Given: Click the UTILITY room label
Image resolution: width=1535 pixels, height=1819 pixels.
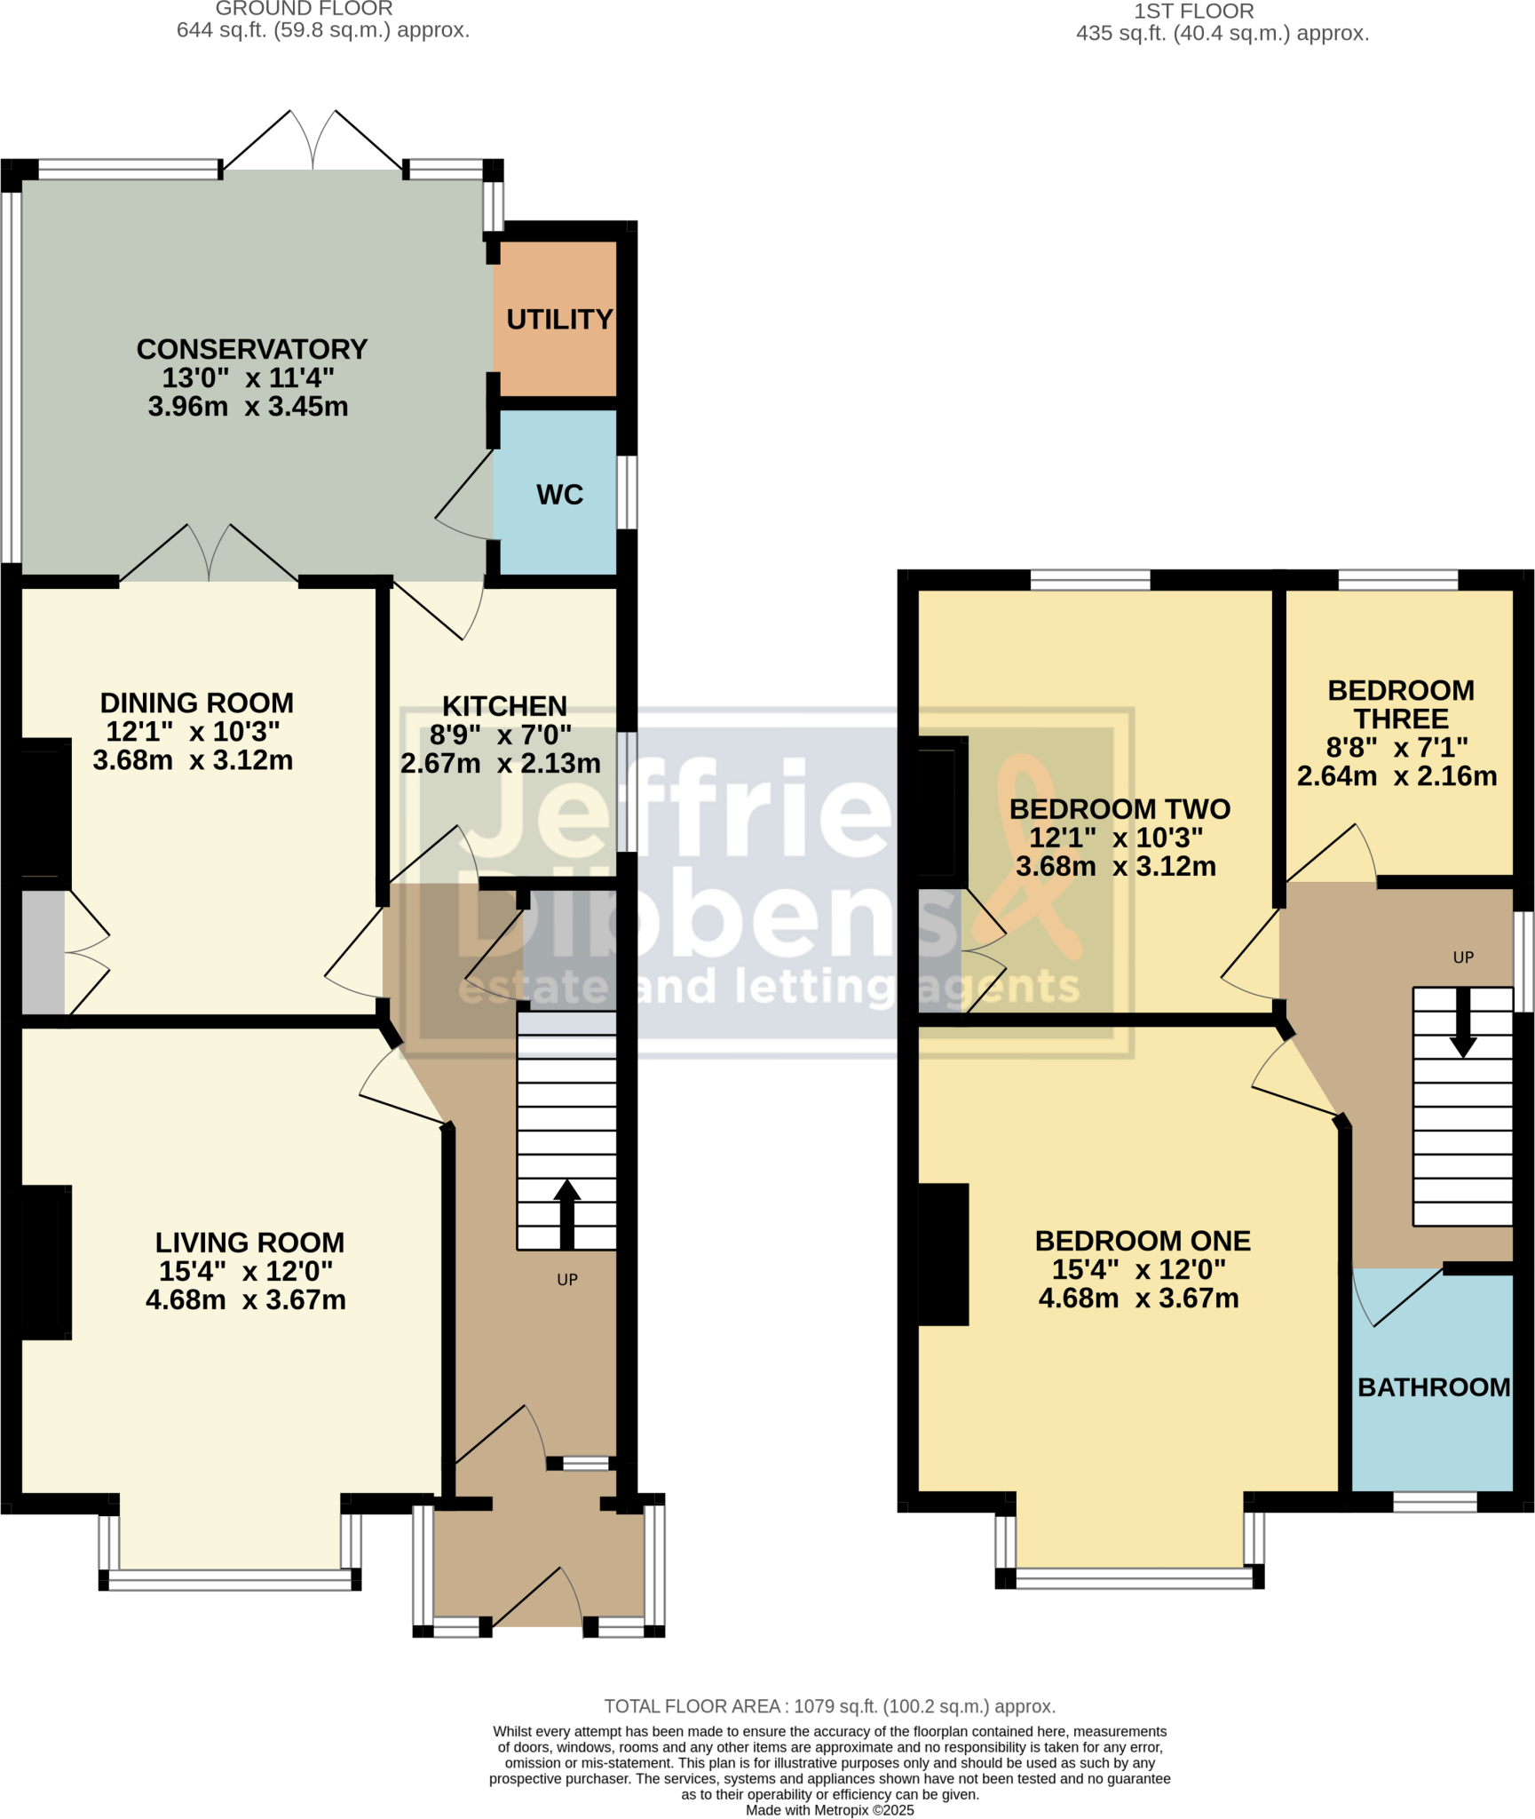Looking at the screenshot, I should point(559,319).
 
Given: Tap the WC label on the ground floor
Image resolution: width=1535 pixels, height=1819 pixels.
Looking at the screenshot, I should point(559,495).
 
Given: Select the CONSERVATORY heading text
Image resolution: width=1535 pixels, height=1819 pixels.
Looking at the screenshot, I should point(252,349).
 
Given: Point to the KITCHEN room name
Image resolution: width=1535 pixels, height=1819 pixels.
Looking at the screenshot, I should point(504,706).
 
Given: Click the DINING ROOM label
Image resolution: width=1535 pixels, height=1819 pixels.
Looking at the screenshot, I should point(196,703).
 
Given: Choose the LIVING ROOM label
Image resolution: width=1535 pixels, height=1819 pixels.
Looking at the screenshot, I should point(249,1243).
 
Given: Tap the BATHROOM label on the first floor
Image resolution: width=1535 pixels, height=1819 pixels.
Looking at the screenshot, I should point(1434,1387).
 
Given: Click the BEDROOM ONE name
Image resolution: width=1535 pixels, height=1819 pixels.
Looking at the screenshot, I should point(1143,1241).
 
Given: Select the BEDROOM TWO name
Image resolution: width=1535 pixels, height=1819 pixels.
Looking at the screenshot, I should point(1120,809).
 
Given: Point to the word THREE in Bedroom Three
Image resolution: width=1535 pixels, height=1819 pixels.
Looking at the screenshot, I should point(1401,719).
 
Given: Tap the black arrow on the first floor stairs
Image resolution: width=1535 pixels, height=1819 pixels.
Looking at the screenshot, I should point(1463,1022).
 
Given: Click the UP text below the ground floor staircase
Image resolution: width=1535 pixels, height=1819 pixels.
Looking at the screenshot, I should point(567,1280).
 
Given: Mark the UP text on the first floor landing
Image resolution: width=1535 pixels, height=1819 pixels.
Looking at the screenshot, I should point(1463,957).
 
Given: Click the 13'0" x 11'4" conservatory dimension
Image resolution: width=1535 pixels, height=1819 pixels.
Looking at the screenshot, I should point(248,377).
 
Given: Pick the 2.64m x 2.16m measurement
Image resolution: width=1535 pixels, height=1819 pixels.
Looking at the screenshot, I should point(1397,776).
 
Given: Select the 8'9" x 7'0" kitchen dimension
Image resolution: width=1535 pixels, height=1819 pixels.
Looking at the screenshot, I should point(501,735).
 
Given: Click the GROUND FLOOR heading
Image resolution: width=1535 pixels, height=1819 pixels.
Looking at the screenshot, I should point(304,9).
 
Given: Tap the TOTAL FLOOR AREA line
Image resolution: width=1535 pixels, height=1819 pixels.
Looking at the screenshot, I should point(829,1706).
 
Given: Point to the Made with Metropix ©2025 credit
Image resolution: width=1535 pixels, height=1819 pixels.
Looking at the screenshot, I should point(829,1810).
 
